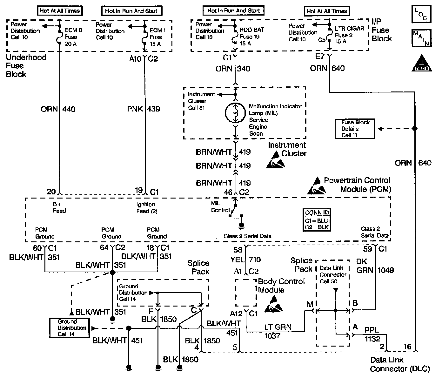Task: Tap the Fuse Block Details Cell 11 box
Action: [x=354, y=129]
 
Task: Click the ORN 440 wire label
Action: [x=58, y=109]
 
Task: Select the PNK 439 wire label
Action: [x=144, y=109]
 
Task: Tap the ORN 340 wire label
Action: [x=233, y=69]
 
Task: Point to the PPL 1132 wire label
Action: [x=372, y=335]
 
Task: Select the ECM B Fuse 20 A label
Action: [x=73, y=37]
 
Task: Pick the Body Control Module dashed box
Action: [x=245, y=293]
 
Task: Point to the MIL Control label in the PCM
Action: [x=220, y=207]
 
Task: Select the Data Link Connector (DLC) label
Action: [x=399, y=364]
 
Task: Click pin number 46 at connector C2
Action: [x=228, y=192]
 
